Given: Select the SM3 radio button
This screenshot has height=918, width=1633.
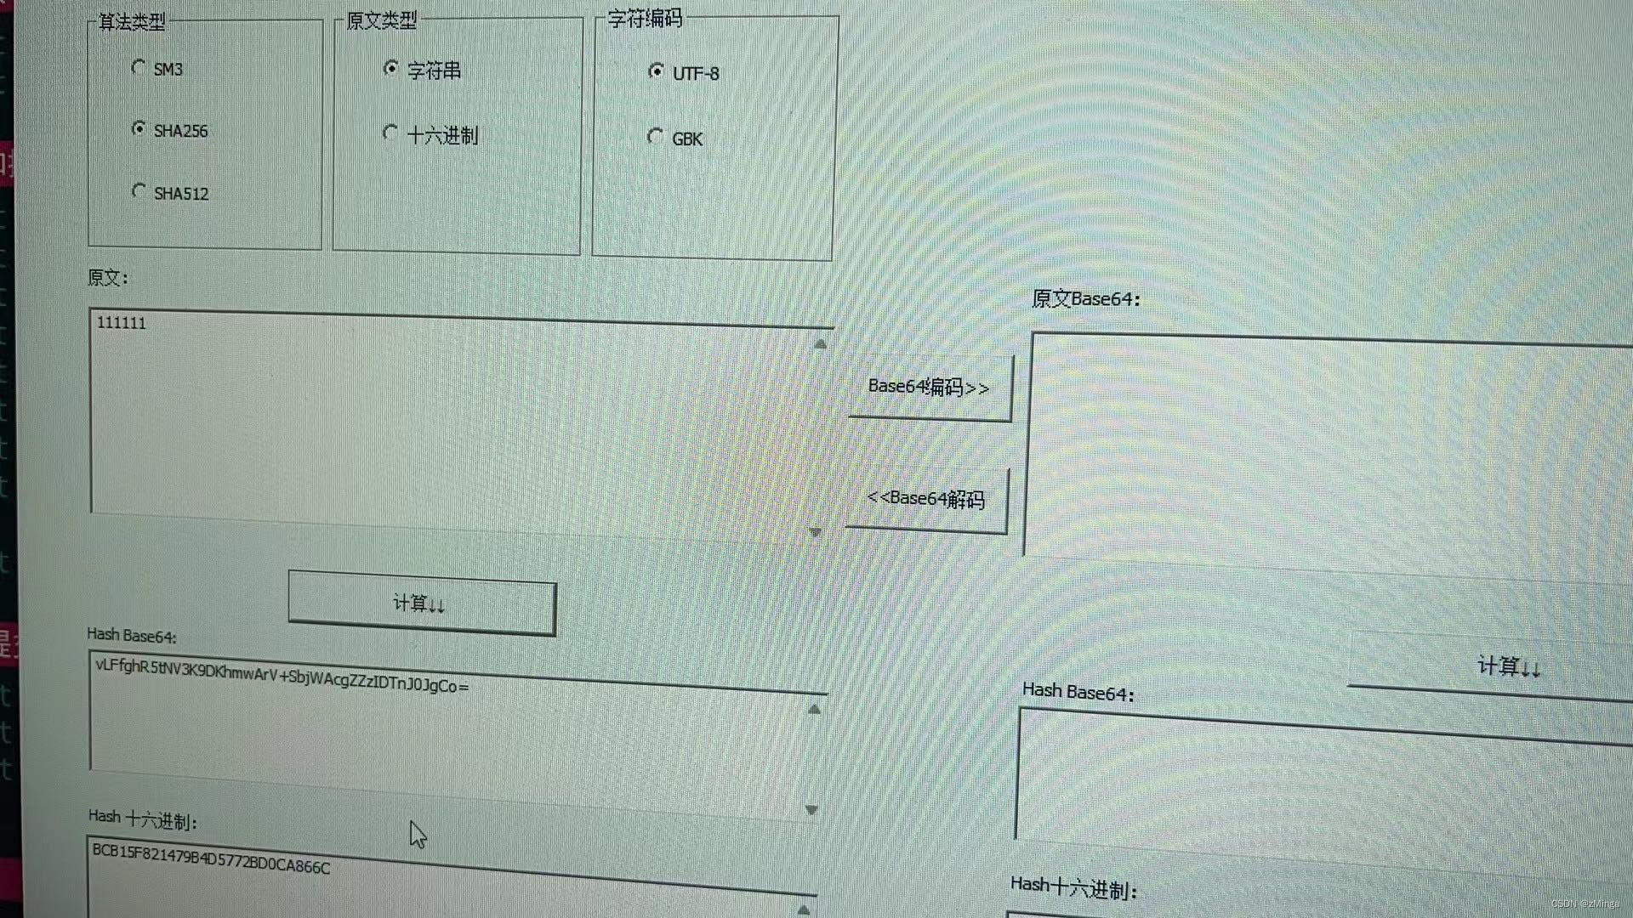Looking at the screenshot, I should point(139,67).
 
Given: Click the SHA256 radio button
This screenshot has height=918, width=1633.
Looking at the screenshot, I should point(139,128).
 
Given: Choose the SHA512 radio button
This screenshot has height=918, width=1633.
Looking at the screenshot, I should point(139,191).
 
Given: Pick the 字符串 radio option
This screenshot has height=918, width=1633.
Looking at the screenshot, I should point(390,68).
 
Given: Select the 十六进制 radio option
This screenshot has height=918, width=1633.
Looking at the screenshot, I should point(390,133).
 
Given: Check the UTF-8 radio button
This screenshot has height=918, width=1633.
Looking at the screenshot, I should point(656,71).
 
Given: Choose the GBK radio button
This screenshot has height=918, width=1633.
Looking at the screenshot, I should point(655,136).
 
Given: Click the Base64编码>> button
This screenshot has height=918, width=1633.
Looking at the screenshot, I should point(929,388).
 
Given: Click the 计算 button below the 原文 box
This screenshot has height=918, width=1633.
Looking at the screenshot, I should point(421,604).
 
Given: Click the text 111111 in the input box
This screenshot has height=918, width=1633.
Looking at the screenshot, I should point(122,323).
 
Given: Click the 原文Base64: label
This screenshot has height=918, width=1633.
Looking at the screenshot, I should point(1085,299).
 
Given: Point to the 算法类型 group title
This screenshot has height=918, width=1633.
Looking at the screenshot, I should point(132,22).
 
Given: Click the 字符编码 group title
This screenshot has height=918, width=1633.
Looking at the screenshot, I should point(645,19).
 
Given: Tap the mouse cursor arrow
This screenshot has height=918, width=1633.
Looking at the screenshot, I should point(417,834).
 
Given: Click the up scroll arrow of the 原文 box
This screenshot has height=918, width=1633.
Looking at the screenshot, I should point(820,344).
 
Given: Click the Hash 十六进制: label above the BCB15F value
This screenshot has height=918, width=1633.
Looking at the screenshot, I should point(143,819).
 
